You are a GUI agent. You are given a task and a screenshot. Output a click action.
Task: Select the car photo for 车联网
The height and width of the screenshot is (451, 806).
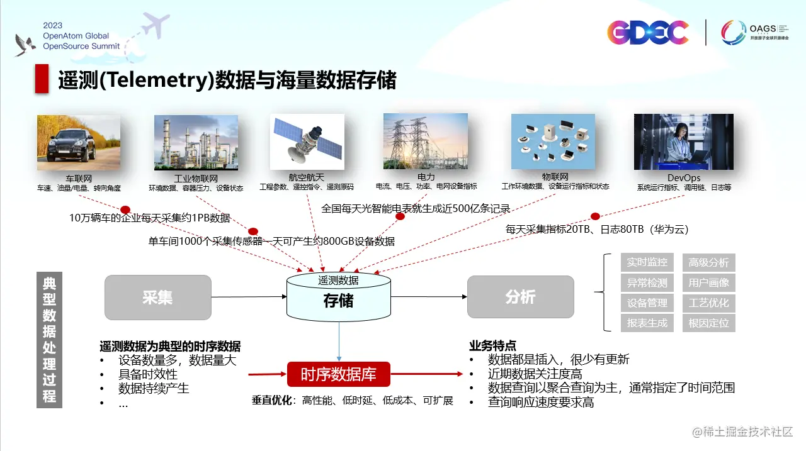click(x=79, y=142)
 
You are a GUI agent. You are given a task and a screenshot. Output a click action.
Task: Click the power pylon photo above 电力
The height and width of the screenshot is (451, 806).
click(x=425, y=142)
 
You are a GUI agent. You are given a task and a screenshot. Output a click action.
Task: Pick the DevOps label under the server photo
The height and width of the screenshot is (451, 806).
click(x=684, y=178)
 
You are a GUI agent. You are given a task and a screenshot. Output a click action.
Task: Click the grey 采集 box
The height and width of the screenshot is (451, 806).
click(x=157, y=297)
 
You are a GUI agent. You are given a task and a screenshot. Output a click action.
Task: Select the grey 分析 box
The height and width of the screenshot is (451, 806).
click(x=520, y=297)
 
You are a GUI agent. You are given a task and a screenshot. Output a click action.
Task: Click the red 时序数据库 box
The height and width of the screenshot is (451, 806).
click(x=338, y=375)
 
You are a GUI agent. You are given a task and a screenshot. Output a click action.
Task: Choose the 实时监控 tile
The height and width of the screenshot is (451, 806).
click(x=647, y=262)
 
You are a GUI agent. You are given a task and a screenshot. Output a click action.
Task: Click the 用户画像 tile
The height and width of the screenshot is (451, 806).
click(x=708, y=282)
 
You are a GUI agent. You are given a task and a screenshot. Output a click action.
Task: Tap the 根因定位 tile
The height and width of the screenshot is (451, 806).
click(x=708, y=323)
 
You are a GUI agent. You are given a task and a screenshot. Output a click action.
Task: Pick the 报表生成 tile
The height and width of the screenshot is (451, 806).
click(x=647, y=323)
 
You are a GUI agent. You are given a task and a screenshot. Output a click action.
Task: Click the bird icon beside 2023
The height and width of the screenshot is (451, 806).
click(x=25, y=44)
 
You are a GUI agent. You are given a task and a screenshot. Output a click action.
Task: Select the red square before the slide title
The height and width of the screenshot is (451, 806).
click(x=42, y=79)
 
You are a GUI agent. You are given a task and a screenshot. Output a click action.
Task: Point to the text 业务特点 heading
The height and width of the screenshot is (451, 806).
click(x=492, y=345)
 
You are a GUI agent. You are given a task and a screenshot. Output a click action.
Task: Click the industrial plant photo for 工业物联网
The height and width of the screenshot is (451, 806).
click(x=196, y=142)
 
